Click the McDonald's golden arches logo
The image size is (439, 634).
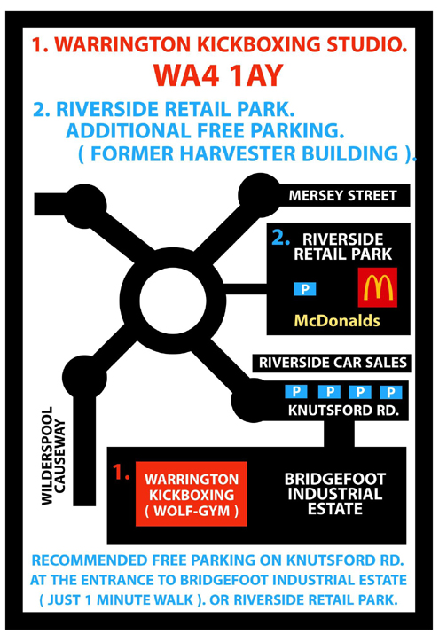point(378,287)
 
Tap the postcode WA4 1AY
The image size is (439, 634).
point(218,75)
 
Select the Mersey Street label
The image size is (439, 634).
point(342,196)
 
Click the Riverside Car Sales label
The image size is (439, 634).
point(333,363)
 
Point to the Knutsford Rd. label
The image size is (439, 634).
point(343,411)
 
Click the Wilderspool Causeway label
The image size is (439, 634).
point(53,456)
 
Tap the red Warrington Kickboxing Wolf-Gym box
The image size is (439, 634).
point(192,494)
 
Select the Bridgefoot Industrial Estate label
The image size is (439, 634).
point(334,494)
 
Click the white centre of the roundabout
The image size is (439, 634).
point(173,300)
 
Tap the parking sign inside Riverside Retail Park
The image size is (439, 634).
point(305,289)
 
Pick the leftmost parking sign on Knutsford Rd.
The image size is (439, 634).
point(296,391)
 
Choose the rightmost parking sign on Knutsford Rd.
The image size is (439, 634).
point(390,392)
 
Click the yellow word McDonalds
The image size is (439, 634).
point(337,321)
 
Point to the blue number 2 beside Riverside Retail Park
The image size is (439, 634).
point(280,238)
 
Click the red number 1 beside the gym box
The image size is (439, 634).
point(121,472)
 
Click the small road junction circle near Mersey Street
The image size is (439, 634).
point(259,195)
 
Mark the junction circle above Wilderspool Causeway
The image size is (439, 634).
point(84,377)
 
